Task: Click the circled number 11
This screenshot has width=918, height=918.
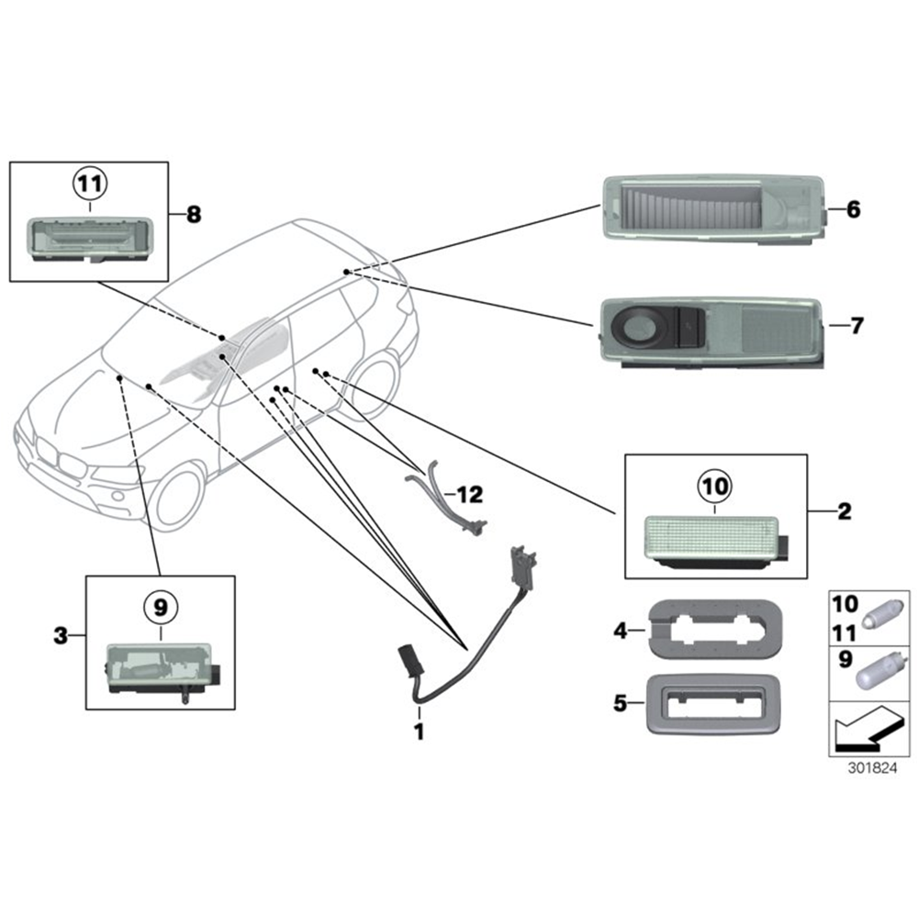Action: point(90,184)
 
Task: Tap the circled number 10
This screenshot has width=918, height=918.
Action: point(714,486)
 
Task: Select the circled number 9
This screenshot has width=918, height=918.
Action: point(161,607)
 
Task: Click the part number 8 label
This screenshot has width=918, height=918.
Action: point(194,214)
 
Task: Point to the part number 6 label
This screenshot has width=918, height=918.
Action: point(854,209)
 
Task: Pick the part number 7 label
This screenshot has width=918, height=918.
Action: point(856,325)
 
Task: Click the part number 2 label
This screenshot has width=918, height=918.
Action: point(845,511)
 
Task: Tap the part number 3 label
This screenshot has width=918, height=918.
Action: point(61,635)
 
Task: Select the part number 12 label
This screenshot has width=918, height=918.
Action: point(469,495)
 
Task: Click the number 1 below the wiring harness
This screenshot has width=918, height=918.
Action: point(420,732)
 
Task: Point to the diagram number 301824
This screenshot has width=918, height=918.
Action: point(872,767)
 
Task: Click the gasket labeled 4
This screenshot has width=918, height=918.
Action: point(715,629)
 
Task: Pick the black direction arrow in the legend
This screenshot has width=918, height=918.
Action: point(869,730)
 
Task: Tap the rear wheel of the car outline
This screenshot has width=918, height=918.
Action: point(373,386)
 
